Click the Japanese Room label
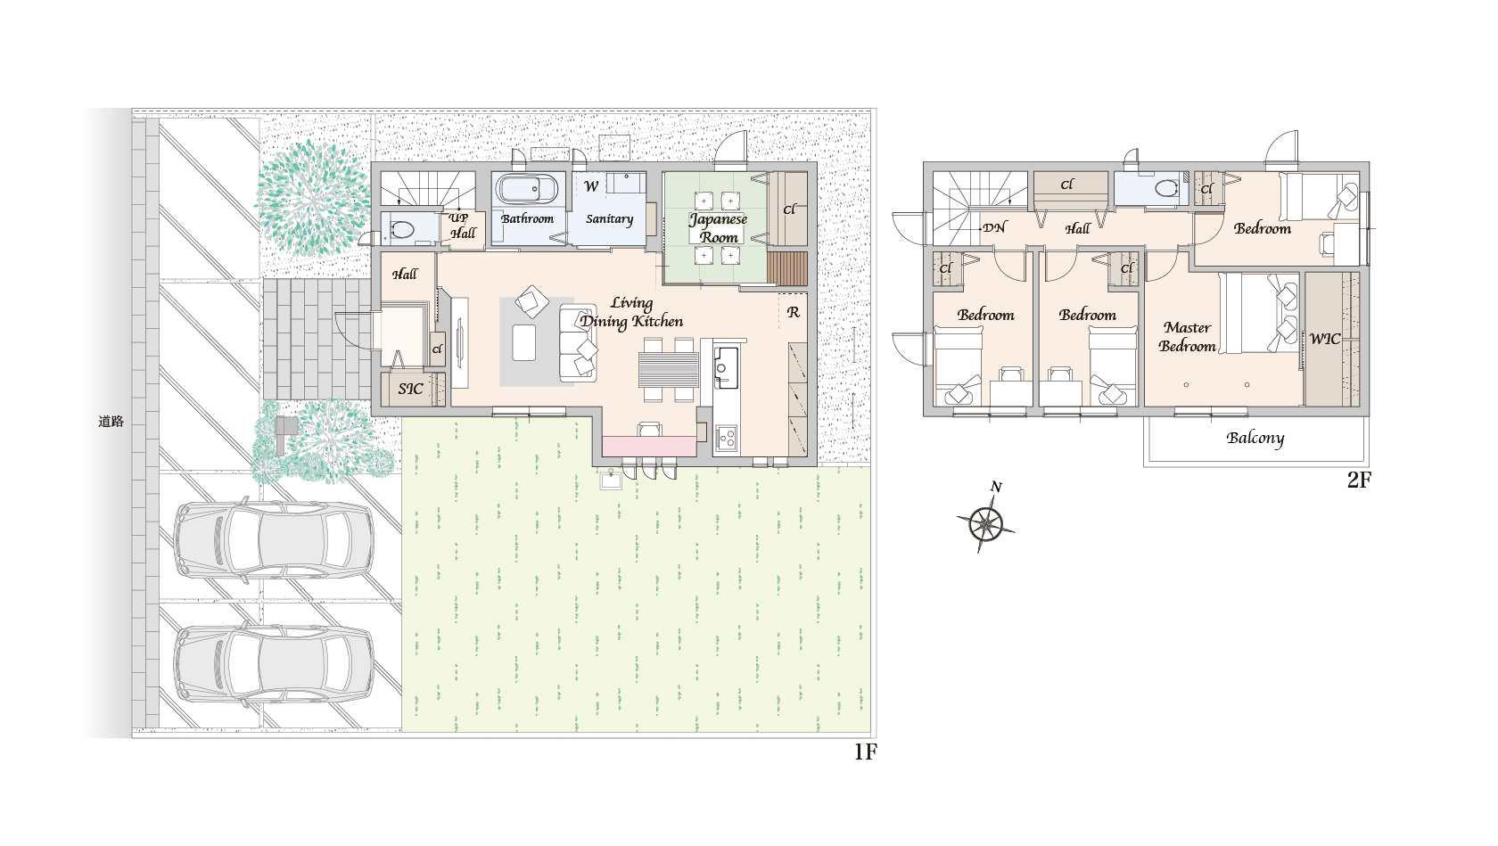(719, 228)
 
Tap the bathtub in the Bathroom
(527, 189)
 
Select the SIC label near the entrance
(410, 389)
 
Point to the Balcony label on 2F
(1255, 439)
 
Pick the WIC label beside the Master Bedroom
(1325, 339)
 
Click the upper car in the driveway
(274, 539)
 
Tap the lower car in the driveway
(274, 663)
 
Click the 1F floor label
(865, 752)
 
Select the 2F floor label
(1359, 480)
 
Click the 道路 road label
(111, 422)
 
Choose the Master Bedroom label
(1187, 337)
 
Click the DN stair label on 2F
(994, 227)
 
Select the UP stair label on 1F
(458, 218)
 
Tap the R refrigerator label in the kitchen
(794, 312)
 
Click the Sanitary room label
(609, 219)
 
